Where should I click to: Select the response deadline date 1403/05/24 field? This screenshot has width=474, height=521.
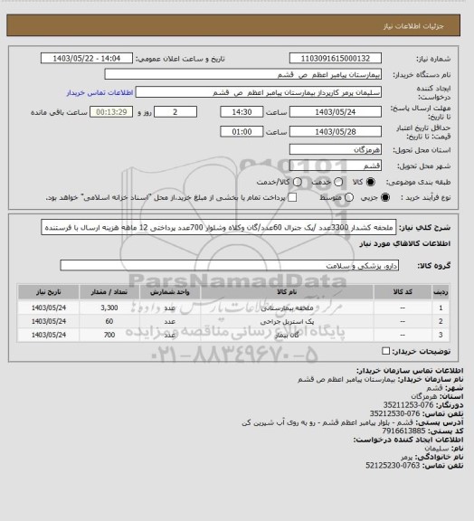(332, 112)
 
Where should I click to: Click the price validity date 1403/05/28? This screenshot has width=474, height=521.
(332, 131)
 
